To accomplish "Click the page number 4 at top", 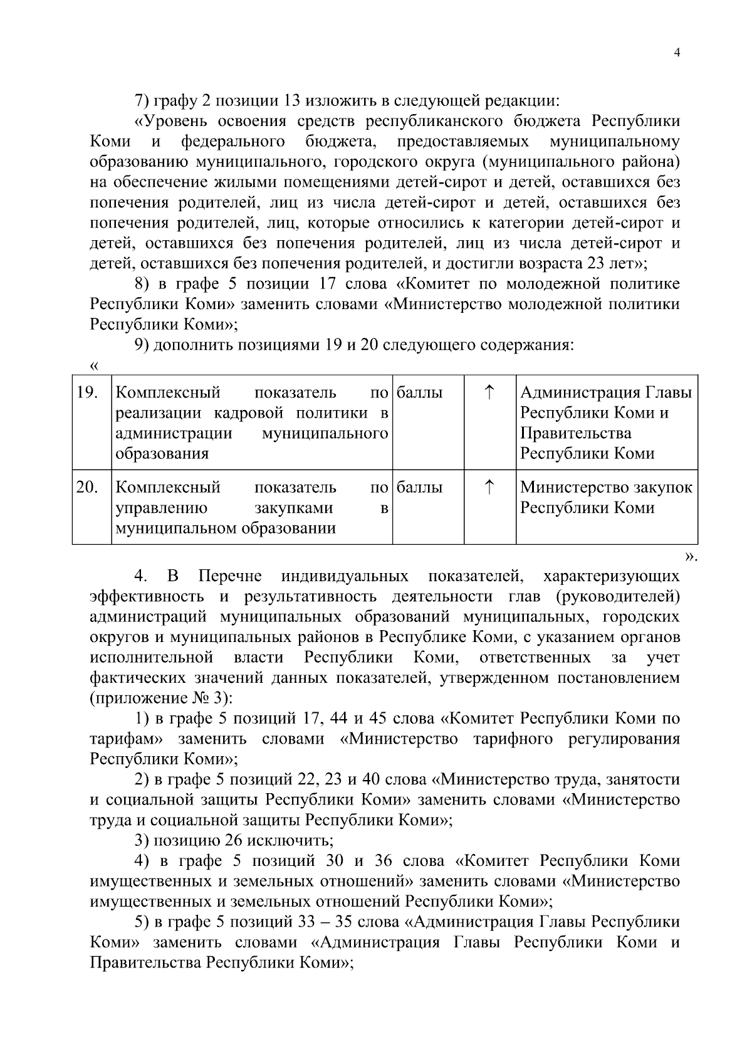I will [676, 53].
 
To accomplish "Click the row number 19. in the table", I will [86, 393].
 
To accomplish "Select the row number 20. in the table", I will [86, 487].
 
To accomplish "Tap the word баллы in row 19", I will [420, 393].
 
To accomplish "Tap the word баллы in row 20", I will [420, 487].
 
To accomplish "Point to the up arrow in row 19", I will [489, 392].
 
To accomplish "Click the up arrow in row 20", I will [489, 487].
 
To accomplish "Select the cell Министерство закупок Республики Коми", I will [606, 497].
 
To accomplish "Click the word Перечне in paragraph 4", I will [230, 576].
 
